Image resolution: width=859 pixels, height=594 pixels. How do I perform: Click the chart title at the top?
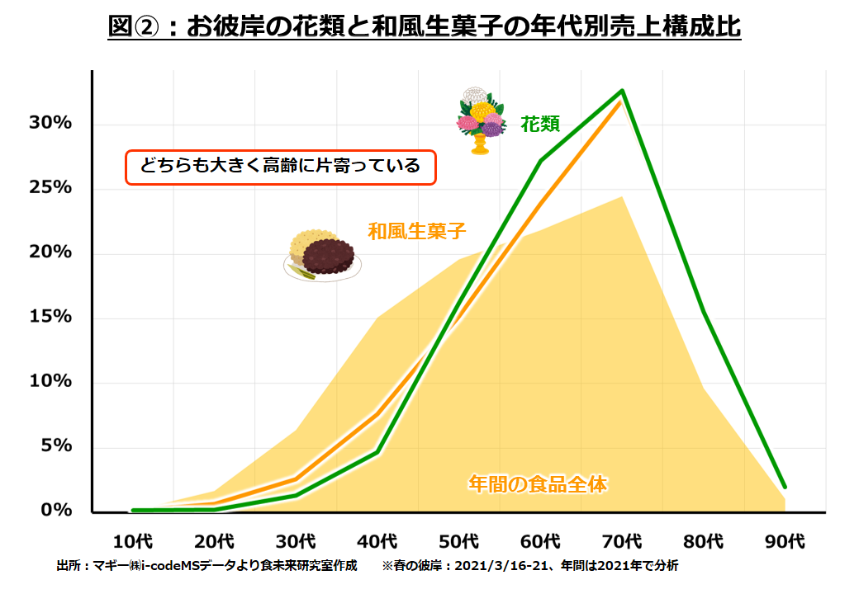pyautogui.click(x=425, y=27)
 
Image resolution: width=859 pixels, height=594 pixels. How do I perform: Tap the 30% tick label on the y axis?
pyautogui.click(x=51, y=124)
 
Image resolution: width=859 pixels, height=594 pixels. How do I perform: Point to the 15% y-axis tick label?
pyautogui.click(x=51, y=318)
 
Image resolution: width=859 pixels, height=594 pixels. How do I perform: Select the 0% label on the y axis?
pyautogui.click(x=57, y=511)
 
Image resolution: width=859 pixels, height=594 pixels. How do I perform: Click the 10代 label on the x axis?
pyautogui.click(x=133, y=542)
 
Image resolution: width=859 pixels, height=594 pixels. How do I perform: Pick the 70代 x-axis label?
pyautogui.click(x=622, y=542)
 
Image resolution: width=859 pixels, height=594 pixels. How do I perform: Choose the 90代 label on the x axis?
pyautogui.click(x=784, y=542)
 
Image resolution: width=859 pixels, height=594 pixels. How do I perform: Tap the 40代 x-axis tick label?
pyautogui.click(x=377, y=542)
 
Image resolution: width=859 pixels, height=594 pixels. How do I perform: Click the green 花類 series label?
pyautogui.click(x=540, y=125)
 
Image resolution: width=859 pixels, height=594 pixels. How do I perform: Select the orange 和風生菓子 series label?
pyautogui.click(x=417, y=232)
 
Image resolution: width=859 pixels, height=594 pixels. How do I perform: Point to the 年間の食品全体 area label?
pyautogui.click(x=538, y=484)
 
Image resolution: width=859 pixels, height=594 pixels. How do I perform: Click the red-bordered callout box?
pyautogui.click(x=280, y=167)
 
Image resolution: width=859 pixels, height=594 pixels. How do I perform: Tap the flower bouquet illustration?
pyautogui.click(x=481, y=120)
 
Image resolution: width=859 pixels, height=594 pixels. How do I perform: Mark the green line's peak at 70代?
pyautogui.click(x=622, y=91)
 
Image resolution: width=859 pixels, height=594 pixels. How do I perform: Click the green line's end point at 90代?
pyautogui.click(x=784, y=486)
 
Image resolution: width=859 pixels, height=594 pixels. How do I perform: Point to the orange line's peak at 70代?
pyautogui.click(x=620, y=102)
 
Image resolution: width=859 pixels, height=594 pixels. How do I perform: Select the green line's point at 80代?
pyautogui.click(x=703, y=312)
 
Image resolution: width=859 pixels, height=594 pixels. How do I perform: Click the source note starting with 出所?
pyautogui.click(x=206, y=566)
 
